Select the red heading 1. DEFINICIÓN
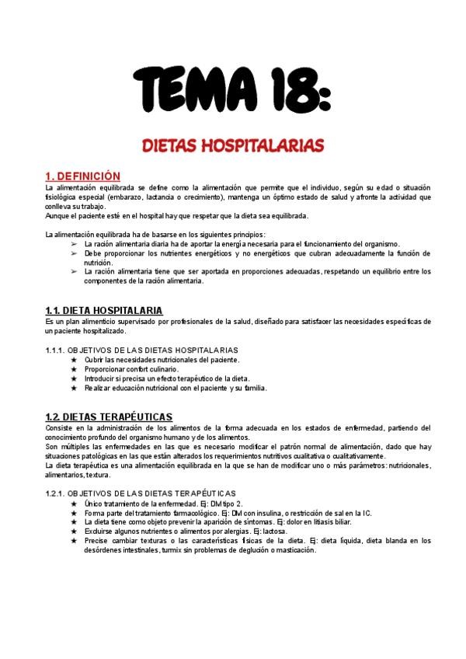click(x=83, y=176)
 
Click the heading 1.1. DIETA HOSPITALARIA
click(x=103, y=310)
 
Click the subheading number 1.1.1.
click(x=57, y=350)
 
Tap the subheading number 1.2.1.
click(x=58, y=493)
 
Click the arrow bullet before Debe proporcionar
click(x=75, y=253)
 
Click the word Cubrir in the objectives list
click(x=95, y=360)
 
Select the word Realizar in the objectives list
click(x=99, y=388)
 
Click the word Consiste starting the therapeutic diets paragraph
click(x=59, y=428)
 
